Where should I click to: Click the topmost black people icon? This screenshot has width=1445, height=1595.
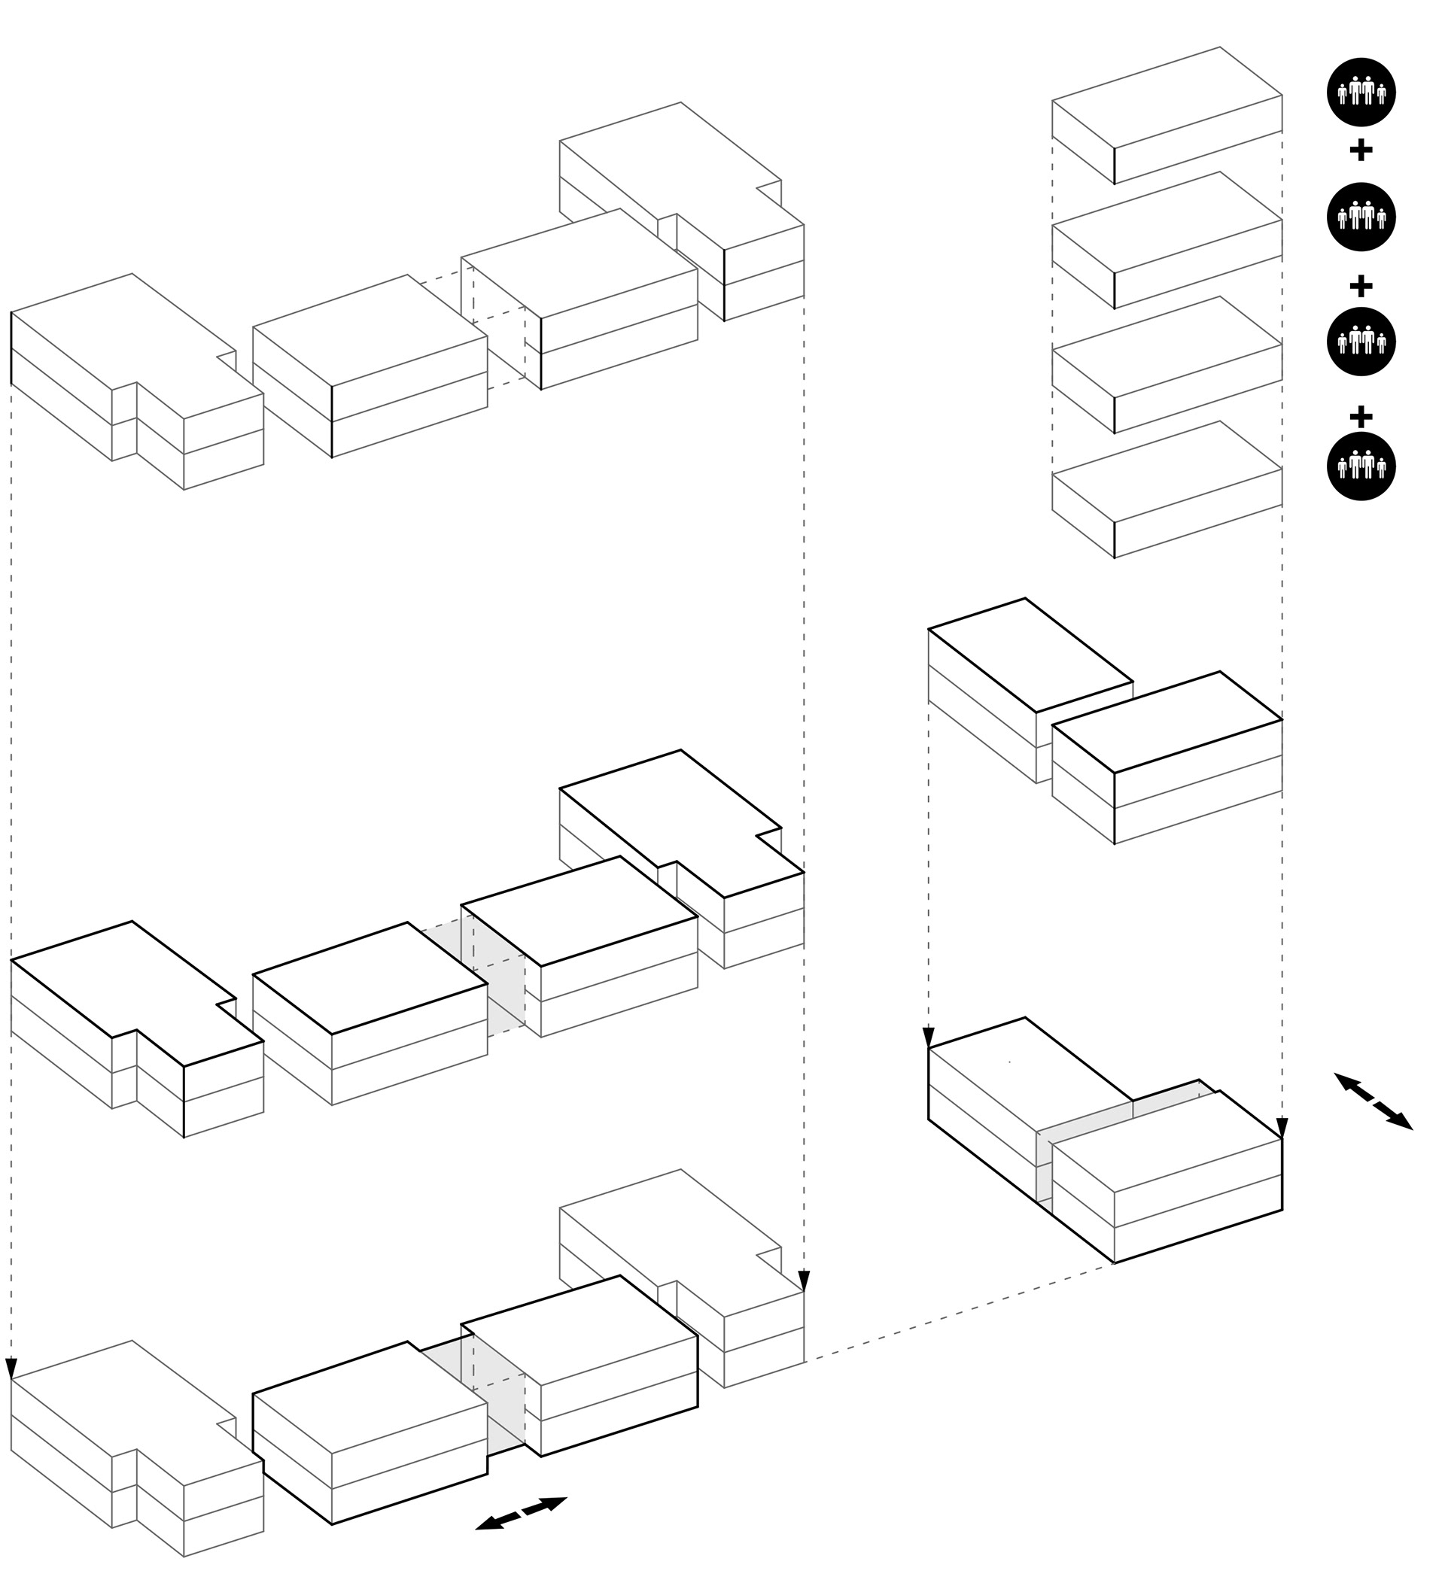pyautogui.click(x=1360, y=93)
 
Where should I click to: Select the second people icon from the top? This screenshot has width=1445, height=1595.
pyautogui.click(x=1360, y=217)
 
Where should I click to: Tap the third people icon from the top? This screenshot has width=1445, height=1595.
pyautogui.click(x=1360, y=342)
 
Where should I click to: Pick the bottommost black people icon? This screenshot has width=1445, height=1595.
pyautogui.click(x=1360, y=466)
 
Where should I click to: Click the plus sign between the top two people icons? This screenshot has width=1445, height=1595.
pyautogui.click(x=1360, y=150)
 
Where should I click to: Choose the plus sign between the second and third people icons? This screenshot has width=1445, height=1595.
pyautogui.click(x=1360, y=285)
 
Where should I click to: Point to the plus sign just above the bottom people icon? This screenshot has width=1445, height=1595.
pyautogui.click(x=1360, y=415)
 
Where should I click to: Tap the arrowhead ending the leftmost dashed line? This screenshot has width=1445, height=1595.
pyautogui.click(x=11, y=1367)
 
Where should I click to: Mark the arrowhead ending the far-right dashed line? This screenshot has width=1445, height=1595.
pyautogui.click(x=1282, y=1128)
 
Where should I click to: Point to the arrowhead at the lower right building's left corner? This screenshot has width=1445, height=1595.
pyautogui.click(x=928, y=1037)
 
